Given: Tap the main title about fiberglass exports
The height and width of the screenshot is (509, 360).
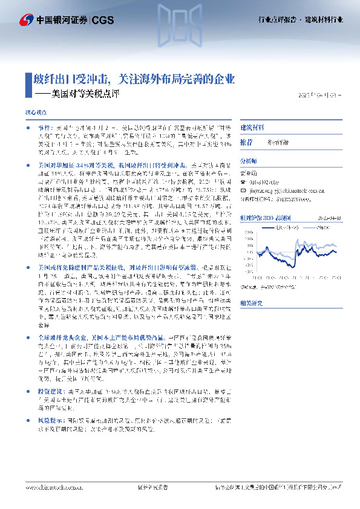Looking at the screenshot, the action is (133, 79).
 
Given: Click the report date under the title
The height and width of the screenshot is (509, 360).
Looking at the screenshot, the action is (324, 95).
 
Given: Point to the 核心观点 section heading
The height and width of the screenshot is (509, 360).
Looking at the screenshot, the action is (36, 112).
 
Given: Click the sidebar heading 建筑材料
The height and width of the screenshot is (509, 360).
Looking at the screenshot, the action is (252, 128).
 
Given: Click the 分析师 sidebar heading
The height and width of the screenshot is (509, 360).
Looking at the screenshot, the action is (249, 161).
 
